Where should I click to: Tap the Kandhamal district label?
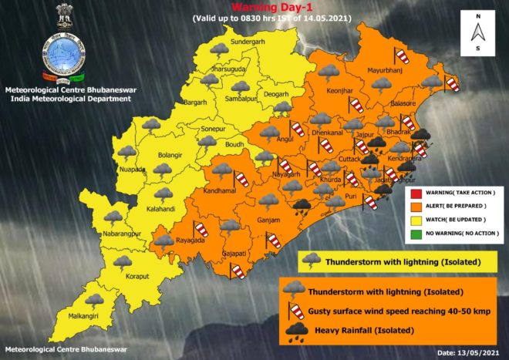coord(220,190)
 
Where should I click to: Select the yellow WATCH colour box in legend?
coord(413,220)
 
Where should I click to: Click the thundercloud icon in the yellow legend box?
coord(312,261)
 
